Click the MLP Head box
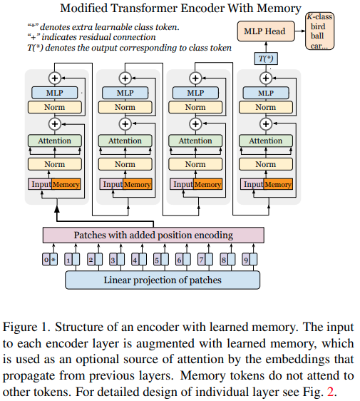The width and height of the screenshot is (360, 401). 266,31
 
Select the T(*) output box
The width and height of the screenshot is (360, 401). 266,59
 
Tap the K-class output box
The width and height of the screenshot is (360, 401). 319,31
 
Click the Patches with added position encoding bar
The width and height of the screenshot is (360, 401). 153,235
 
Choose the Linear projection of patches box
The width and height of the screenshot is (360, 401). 163,280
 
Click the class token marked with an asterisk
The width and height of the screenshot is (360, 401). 53,259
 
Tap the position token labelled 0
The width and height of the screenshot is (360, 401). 46,259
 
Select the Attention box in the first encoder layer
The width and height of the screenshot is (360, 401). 55,141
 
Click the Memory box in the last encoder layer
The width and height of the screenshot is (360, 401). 278,184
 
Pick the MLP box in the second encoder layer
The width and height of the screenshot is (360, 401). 125,93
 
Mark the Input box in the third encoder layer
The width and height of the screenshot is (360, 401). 182,184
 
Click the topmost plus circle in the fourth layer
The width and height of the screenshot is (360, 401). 266,78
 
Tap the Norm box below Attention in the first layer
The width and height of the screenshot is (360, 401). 55,164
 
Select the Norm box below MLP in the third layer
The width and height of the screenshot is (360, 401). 195,107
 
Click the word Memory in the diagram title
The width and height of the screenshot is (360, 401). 279,8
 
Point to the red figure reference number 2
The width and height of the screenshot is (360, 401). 330,392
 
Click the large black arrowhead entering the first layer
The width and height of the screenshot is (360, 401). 57,209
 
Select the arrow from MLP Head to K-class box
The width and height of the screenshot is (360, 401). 300,31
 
